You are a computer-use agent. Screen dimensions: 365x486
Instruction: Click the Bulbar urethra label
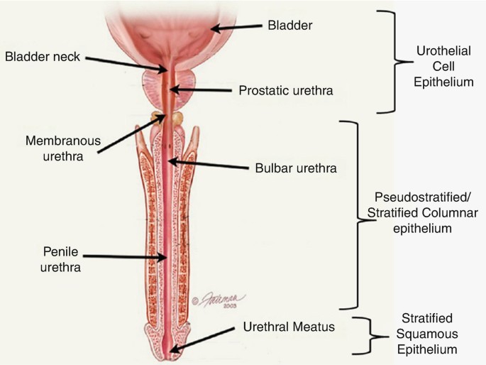(x=294, y=169)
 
